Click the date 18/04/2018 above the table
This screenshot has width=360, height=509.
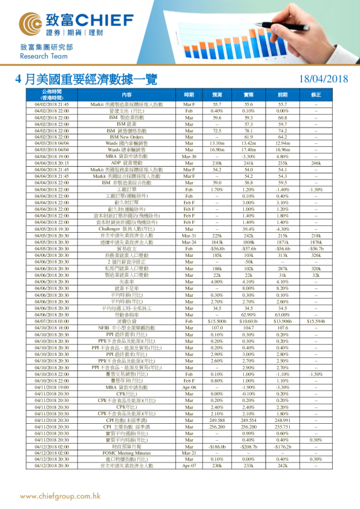click(x=324, y=79)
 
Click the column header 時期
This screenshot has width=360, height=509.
click(x=189, y=95)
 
